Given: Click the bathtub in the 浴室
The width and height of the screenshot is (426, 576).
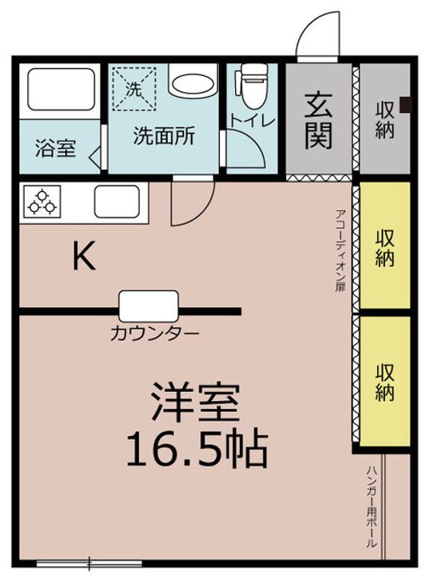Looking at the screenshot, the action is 61,90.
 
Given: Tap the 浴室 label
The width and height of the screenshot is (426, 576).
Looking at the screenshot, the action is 55,148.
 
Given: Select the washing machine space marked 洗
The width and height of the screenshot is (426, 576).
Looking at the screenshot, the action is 133,89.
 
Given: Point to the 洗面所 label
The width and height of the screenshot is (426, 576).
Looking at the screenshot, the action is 164,136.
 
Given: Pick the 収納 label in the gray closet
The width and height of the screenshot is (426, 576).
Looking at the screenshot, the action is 384,120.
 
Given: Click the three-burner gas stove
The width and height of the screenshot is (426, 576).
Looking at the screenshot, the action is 42,202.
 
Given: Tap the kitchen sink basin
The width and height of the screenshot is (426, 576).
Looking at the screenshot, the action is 117,202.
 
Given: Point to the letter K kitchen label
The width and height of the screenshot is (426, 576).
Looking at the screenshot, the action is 84,255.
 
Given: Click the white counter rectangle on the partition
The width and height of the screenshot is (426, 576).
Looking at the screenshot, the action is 149,306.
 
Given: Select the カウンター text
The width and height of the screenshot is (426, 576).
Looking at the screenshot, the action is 155,334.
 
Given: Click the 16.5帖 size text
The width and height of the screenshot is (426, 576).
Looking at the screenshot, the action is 197,449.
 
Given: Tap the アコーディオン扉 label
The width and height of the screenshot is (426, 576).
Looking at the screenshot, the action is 340,250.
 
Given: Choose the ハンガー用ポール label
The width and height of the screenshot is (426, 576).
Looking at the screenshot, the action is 371,507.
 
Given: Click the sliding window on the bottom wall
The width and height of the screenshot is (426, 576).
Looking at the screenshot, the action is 90,563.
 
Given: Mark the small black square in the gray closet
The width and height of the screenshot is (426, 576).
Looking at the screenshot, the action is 406,104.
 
